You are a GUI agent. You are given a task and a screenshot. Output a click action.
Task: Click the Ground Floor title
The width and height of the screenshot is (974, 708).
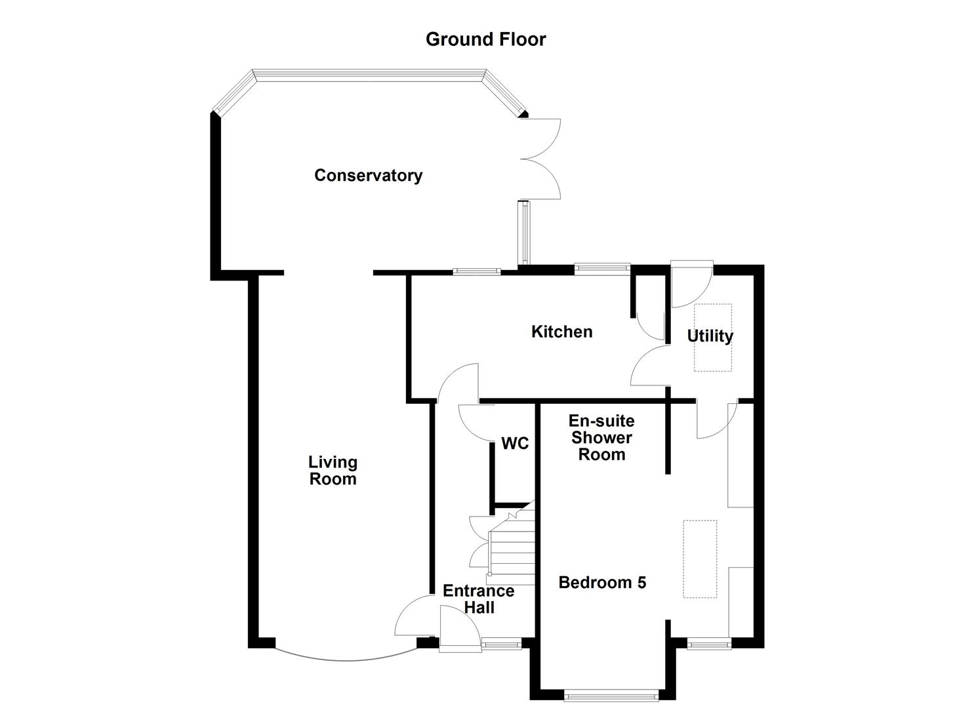[485, 39]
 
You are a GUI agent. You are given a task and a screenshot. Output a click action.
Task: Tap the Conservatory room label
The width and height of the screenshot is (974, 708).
[368, 176]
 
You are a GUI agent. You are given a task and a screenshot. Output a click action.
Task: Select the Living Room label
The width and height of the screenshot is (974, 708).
[333, 471]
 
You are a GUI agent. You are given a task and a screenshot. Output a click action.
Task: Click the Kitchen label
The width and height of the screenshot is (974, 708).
[561, 332]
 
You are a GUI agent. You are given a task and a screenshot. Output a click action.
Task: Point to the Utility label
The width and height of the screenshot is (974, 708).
[710, 336]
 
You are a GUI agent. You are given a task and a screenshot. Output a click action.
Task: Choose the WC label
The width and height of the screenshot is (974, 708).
[515, 444]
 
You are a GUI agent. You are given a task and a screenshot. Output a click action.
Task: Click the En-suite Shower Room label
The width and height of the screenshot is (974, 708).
[601, 437]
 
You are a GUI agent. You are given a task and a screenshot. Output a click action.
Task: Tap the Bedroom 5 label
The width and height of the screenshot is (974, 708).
[602, 582]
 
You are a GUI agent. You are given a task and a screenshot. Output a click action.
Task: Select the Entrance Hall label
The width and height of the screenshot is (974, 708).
[478, 599]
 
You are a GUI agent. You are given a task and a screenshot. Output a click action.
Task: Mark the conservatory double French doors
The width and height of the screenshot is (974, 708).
[541, 159]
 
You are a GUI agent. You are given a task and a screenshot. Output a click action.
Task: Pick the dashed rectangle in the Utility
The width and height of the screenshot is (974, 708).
[713, 337]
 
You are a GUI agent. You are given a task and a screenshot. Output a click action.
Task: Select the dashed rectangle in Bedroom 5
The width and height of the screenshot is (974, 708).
[700, 559]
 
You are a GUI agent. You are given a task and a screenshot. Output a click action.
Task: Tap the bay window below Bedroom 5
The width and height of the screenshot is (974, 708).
[611, 694]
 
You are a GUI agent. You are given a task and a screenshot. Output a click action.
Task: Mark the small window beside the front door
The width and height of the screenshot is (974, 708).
[502, 644]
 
